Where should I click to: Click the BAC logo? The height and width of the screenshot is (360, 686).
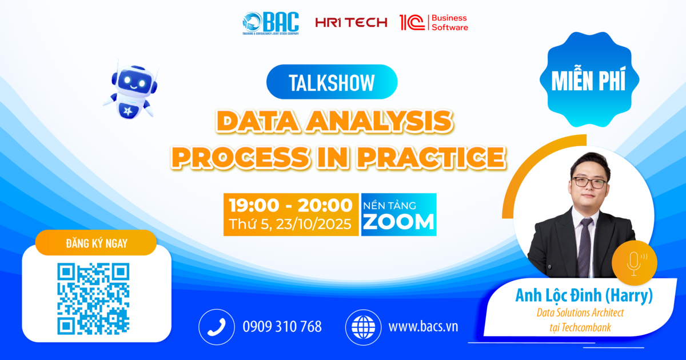[x=270, y=23]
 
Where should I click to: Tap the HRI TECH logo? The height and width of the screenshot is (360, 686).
[x=351, y=22]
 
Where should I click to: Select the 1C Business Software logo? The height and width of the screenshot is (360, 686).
[x=434, y=23]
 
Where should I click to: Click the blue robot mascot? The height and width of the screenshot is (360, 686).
[x=131, y=91]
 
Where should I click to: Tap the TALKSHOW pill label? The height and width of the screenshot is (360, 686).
[x=332, y=82]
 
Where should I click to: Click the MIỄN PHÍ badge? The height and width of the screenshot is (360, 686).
[x=589, y=79]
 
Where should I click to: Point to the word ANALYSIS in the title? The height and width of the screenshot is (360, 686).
[x=380, y=121]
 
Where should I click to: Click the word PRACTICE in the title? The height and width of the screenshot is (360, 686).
[x=432, y=157]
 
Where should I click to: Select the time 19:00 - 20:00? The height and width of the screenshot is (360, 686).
[x=290, y=205]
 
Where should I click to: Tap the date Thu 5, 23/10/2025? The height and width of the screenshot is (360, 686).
[x=290, y=224]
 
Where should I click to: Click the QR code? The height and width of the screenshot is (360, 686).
[x=93, y=299]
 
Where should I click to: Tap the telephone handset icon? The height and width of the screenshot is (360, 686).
[x=217, y=327]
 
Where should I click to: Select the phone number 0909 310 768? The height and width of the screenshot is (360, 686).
[x=282, y=327]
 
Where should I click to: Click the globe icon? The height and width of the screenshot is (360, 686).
[x=363, y=327]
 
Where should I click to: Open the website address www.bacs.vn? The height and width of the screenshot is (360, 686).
[x=423, y=327]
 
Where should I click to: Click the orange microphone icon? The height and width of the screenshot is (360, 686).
[x=634, y=263]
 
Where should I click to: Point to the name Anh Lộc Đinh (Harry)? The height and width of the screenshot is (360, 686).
[x=584, y=295]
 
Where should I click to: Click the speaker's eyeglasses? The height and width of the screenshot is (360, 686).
[x=589, y=183]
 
